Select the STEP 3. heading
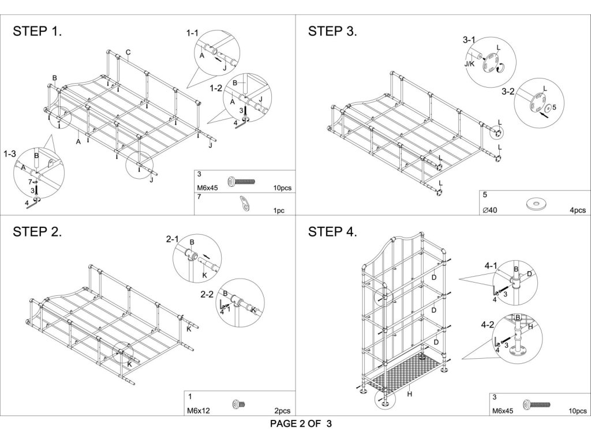tap(333, 32)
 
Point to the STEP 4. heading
tap(333, 232)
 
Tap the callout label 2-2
tap(207, 294)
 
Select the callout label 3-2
tap(508, 91)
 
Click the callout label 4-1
tap(491, 266)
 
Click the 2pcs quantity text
tap(283, 411)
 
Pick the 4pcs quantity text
tap(577, 211)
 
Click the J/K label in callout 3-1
tap(470, 64)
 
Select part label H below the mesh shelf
tap(409, 395)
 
